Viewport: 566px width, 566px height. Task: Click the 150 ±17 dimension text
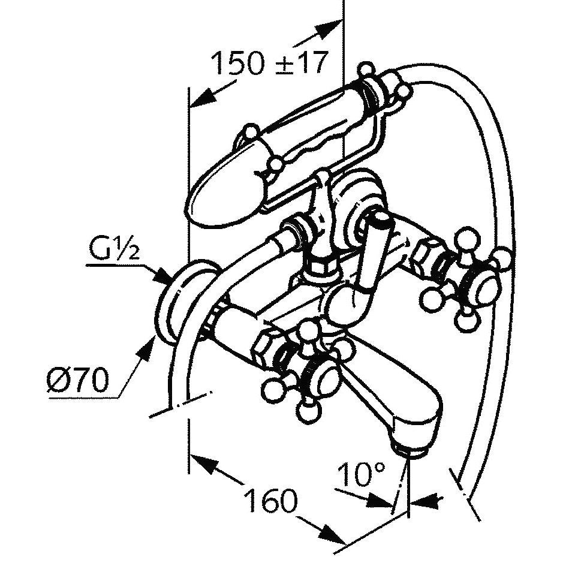point(270,63)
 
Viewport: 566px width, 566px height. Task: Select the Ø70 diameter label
point(77,380)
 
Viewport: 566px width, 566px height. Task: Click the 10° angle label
point(361,473)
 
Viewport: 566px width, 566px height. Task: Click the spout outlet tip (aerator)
point(411,451)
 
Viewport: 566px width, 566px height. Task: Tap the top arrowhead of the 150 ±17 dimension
point(329,28)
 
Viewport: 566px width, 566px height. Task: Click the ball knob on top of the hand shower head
point(251,131)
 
